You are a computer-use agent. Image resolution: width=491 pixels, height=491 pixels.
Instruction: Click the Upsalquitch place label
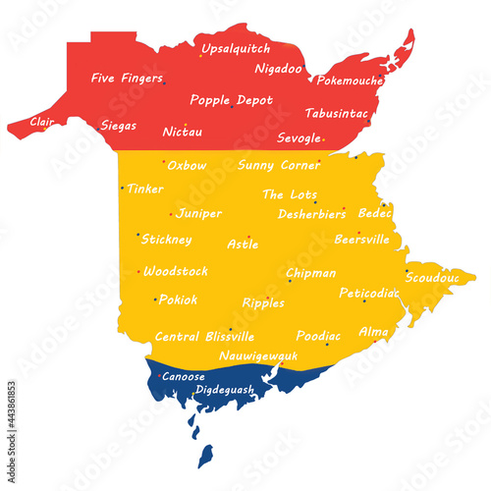point(236,48)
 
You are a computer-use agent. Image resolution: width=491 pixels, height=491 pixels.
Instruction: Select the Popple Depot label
point(232,99)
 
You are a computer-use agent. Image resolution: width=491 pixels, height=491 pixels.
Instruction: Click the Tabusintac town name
point(336,113)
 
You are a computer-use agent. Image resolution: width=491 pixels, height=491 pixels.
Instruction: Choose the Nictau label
point(183,131)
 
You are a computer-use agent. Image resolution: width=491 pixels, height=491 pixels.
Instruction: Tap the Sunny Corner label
point(279,165)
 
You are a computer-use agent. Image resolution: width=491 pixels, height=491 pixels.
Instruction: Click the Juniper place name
point(199,213)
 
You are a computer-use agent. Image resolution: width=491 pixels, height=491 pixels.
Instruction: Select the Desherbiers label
point(311,213)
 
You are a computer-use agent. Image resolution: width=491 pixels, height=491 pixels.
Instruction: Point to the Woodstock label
point(176,271)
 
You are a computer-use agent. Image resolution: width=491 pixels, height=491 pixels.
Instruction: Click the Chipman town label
point(310,273)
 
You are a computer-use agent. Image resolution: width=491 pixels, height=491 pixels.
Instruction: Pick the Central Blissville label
point(204,336)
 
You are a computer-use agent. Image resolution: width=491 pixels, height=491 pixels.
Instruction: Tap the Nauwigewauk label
point(258,355)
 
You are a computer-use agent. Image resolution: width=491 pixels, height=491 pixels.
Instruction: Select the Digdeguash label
point(225,390)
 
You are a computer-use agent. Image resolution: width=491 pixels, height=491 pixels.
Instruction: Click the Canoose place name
point(184,376)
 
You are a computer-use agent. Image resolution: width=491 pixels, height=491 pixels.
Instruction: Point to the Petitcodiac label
point(368,293)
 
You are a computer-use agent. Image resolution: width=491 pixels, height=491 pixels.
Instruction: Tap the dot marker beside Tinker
point(122,188)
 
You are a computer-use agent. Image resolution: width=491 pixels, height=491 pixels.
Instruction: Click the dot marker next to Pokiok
point(154,300)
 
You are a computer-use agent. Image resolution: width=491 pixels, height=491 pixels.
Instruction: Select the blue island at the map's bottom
point(205,456)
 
